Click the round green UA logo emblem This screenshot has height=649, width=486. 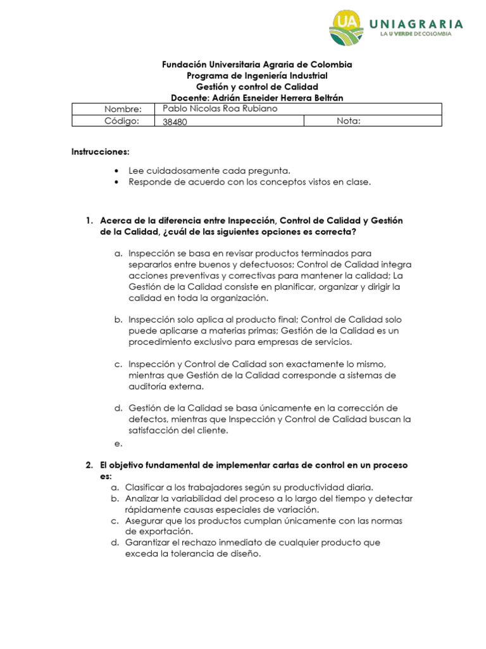[347, 29]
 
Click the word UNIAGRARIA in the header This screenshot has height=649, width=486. [421, 24]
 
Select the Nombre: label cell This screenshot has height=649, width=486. [124, 110]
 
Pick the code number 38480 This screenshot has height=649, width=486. [175, 122]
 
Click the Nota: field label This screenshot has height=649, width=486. [349, 121]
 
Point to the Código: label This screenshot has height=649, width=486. [121, 121]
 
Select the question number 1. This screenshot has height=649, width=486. [89, 220]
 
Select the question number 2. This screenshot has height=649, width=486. [89, 465]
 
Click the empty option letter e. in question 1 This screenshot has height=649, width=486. [118, 444]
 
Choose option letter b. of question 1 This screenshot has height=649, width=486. [118, 319]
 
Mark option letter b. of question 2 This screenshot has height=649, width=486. [115, 499]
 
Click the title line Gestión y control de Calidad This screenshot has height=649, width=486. [256, 86]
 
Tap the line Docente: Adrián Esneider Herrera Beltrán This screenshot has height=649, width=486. [256, 98]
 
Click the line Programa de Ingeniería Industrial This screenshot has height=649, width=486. [256, 75]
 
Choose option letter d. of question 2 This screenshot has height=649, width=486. [115, 543]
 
